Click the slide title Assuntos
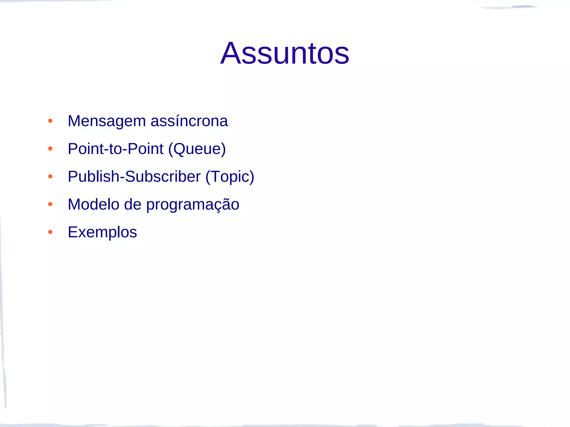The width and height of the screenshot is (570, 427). [x=285, y=53]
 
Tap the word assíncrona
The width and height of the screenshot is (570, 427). [x=189, y=121]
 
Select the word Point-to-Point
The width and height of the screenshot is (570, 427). [x=115, y=149]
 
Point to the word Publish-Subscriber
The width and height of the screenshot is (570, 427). [x=134, y=177]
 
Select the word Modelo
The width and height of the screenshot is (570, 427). [x=94, y=205]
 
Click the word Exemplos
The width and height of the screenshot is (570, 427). [x=102, y=232]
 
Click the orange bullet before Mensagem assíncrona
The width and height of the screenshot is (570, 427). [x=50, y=121]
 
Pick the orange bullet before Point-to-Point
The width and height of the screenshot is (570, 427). [x=50, y=149]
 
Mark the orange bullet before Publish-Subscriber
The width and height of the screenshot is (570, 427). [x=50, y=177]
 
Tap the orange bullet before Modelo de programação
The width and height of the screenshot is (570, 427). [x=50, y=204]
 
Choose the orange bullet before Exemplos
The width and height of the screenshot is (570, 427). [x=50, y=232]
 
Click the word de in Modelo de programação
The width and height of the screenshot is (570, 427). [x=132, y=205]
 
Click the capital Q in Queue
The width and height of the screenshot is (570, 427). [x=181, y=149]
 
